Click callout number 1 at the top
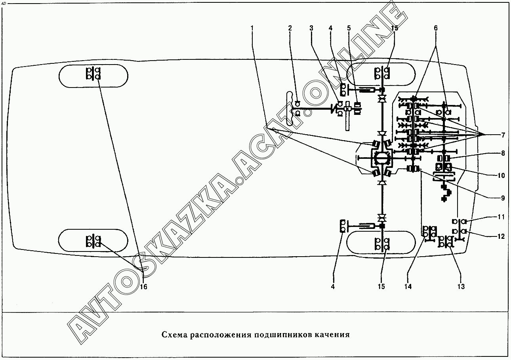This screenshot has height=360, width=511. (252, 28)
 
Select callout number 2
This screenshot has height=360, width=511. (290, 28)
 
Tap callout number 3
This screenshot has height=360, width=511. (311, 28)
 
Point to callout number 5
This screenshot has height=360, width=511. (349, 28)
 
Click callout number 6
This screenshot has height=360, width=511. (436, 28)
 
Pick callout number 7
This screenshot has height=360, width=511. (503, 135)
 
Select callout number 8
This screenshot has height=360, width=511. (503, 153)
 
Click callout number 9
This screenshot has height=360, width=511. (503, 198)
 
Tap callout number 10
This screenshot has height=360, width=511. (501, 175)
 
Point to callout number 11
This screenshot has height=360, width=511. (501, 217)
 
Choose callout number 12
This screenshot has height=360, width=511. (501, 236)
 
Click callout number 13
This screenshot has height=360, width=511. (461, 287)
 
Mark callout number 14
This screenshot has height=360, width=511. (408, 287)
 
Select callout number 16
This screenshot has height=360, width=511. (143, 287)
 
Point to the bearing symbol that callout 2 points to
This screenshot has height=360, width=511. (297, 109)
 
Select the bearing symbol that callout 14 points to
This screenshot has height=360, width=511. (429, 232)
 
